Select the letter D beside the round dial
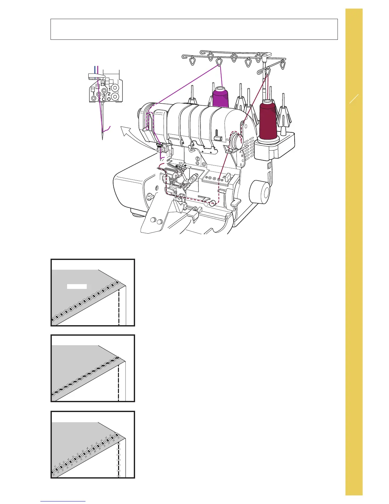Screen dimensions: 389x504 pyautogui.click(x=241, y=165)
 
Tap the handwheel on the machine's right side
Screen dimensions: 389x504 pyautogui.click(x=260, y=192)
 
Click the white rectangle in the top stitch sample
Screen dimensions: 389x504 pyautogui.click(x=77, y=286)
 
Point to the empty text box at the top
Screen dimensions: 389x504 pyautogui.click(x=194, y=29)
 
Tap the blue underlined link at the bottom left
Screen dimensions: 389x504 pyautogui.click(x=63, y=501)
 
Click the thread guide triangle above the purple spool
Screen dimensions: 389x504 pyautogui.click(x=219, y=61)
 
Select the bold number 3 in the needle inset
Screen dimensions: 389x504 pyautogui.click(x=104, y=95)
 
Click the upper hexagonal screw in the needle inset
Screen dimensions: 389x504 pyautogui.click(x=115, y=87)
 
